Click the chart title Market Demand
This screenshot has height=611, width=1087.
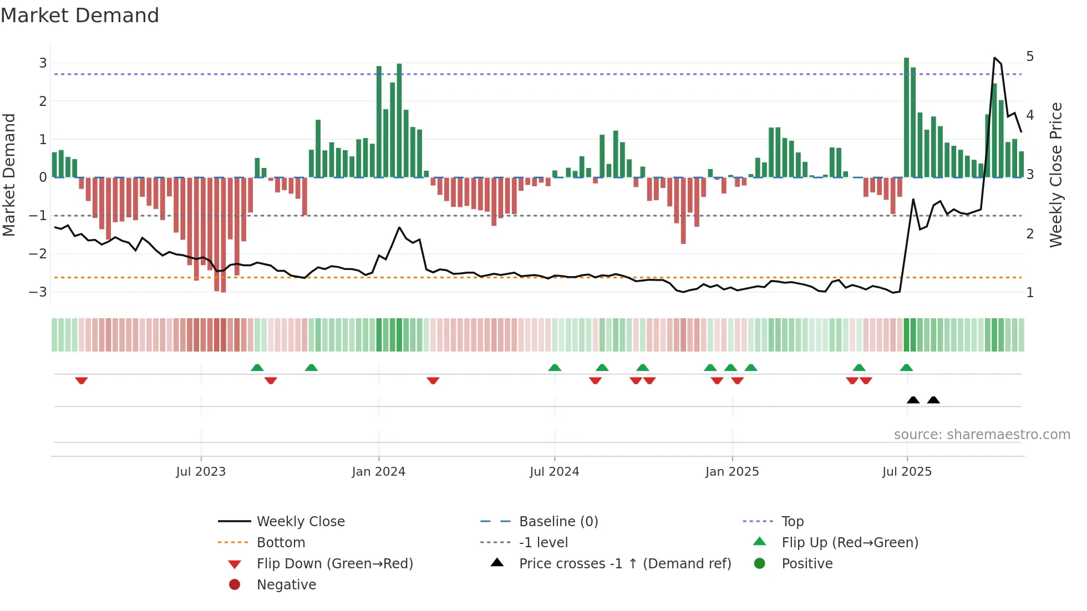pos(80,16)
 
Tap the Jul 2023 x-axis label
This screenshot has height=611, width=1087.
pos(201,472)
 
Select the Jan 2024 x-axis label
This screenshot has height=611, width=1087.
pos(379,472)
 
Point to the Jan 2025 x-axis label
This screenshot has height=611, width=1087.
pos(732,472)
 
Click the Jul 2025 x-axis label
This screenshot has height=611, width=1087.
pos(907,472)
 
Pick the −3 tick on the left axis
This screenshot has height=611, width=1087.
pos(39,292)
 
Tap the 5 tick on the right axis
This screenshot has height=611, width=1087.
pos(1030,57)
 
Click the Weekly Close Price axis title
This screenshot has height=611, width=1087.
pos(1056,175)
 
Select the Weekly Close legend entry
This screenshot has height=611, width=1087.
pos(300,522)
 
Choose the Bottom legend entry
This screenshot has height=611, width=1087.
pos(281,543)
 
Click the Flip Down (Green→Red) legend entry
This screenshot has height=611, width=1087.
pos(334,564)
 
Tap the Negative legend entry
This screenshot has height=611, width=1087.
pos(286,585)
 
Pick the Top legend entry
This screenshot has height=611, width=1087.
pos(793,522)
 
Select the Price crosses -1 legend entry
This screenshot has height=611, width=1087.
pos(624,564)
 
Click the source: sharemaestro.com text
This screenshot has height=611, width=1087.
pos(982,435)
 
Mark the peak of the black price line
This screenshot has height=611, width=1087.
pos(994,58)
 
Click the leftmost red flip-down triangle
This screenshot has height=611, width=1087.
pos(82,380)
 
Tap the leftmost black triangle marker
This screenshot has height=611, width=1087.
pos(913,400)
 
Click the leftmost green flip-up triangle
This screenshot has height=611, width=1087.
pos(257,368)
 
